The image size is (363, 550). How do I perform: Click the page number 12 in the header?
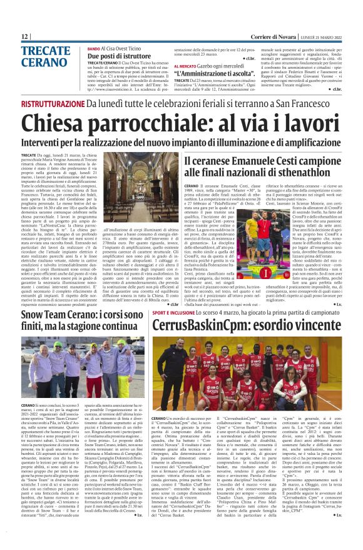coord(24,36)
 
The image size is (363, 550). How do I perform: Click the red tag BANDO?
coord(94,48)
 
